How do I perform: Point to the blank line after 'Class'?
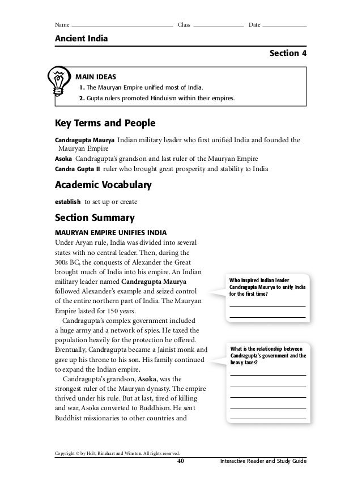pos(218,25)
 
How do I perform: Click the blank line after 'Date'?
pos(285,25)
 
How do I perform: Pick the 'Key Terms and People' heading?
pos(105,123)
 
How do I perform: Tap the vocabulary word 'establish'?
pos(67,201)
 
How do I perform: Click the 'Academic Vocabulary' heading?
pos(103,185)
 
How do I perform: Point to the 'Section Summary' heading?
pos(93,218)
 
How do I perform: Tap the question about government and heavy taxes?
pos(267,355)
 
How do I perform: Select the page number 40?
pos(181,462)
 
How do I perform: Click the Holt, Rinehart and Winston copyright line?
pos(117,453)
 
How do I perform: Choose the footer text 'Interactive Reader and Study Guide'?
pos(263,462)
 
